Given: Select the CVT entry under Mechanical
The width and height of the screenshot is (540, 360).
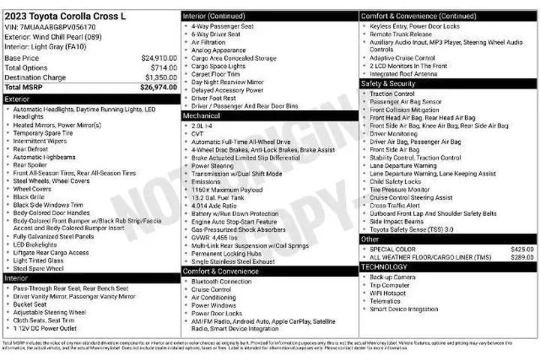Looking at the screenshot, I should (198, 134).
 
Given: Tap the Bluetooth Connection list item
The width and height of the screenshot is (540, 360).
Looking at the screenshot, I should (221, 281).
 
